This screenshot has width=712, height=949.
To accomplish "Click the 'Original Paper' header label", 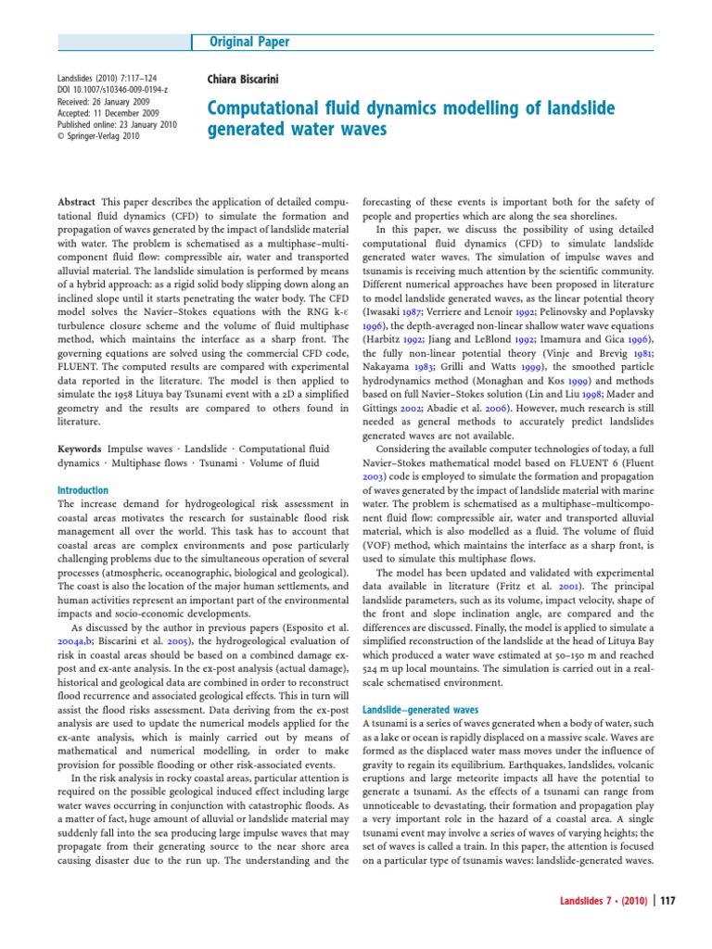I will coord(248,42).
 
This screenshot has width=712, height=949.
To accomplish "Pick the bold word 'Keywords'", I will coord(80,448).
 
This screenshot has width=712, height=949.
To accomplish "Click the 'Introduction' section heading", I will coord(83,490).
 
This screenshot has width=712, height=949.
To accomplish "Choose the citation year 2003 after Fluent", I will coord(372,504).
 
